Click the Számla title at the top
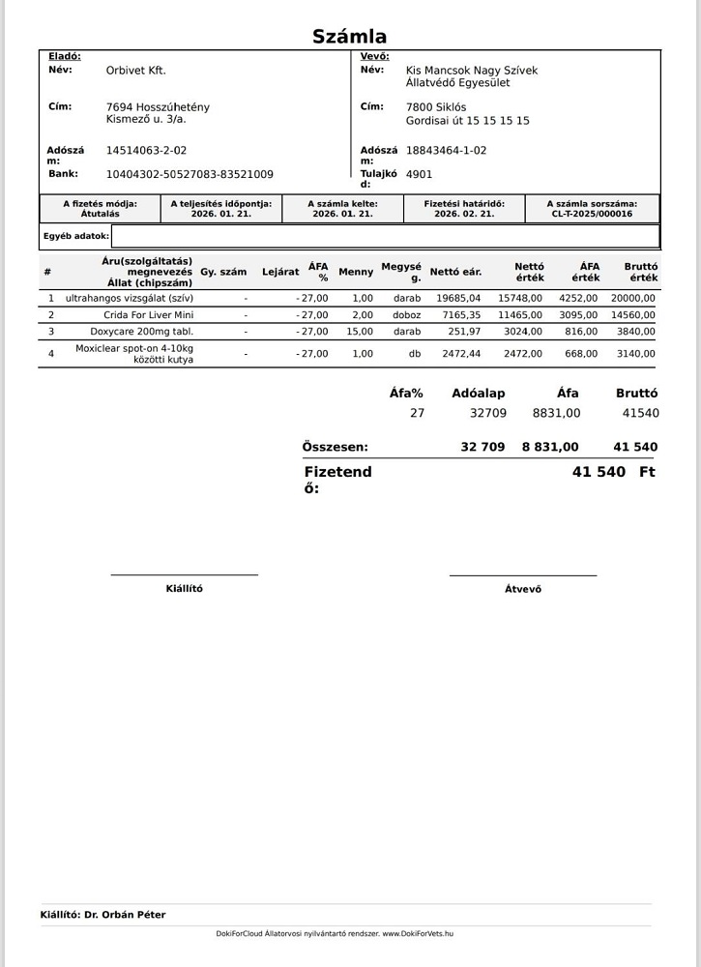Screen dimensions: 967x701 (349, 37)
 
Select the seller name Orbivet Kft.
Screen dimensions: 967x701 (135, 71)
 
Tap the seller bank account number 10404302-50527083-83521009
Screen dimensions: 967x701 (190, 174)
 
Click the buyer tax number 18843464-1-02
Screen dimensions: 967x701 (446, 151)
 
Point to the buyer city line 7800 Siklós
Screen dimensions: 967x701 (435, 107)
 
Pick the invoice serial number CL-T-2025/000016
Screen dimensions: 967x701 (592, 214)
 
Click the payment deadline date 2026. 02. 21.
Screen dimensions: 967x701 (464, 214)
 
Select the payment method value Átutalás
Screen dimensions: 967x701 (101, 214)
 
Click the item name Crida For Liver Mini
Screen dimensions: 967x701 (149, 315)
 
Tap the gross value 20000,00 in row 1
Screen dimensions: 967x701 (633, 299)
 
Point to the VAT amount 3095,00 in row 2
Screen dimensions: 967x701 (578, 315)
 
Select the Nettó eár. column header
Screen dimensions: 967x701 (455, 272)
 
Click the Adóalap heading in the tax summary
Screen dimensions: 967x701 (478, 394)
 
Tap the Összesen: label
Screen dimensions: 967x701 (335, 448)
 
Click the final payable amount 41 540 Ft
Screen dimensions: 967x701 (613, 472)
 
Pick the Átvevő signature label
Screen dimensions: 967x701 (523, 589)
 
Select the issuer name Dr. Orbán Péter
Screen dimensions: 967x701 (125, 915)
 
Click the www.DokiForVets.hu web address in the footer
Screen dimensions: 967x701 (418, 934)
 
